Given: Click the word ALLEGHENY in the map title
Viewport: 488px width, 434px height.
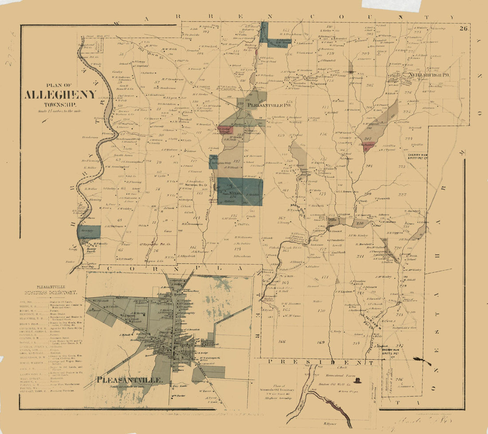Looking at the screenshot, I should (60, 95).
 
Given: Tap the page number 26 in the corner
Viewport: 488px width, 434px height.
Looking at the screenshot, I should (464, 29).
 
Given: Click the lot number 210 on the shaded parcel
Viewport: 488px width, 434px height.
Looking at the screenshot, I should (360, 223).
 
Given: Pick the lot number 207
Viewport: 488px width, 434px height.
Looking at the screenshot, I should (367, 139).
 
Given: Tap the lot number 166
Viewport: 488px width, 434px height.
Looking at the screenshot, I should (282, 342).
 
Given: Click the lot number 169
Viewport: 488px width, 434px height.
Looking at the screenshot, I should (321, 342).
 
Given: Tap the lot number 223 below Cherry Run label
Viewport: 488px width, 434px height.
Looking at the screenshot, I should (402, 167).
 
